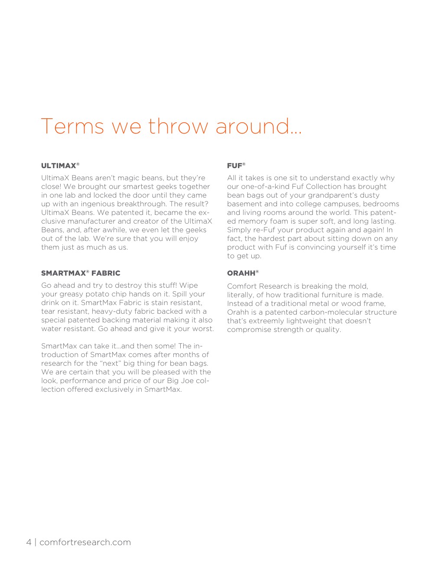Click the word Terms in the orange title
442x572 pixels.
click(72, 126)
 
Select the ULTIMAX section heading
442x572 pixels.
click(59, 166)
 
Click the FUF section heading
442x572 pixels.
click(235, 166)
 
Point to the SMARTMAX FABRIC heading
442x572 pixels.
click(81, 273)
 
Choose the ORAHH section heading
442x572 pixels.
click(241, 273)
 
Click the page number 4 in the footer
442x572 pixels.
click(29, 542)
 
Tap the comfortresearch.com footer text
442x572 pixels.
click(85, 542)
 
